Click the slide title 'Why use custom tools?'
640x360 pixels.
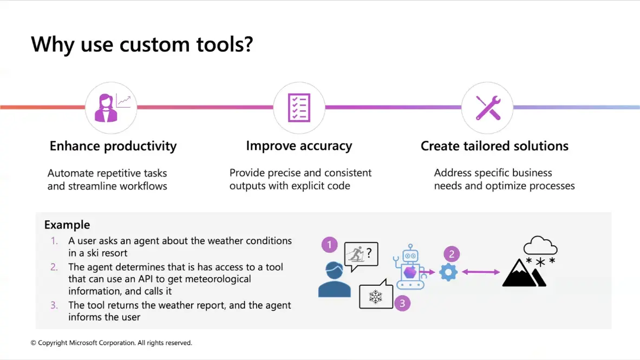pyautogui.click(x=142, y=44)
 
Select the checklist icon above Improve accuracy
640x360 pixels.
pyautogui.click(x=299, y=108)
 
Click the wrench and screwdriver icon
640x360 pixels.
pyautogui.click(x=488, y=108)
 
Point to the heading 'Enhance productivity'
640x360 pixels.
pyautogui.click(x=113, y=146)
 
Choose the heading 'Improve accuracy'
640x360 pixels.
pyautogui.click(x=299, y=146)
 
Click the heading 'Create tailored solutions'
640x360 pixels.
pyautogui.click(x=494, y=146)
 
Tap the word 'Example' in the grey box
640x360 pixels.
pyautogui.click(x=67, y=225)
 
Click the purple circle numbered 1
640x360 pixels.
pyautogui.click(x=329, y=245)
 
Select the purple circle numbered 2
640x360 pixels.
pyautogui.click(x=452, y=254)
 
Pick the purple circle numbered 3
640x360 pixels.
pyautogui.click(x=402, y=303)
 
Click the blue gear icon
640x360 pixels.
pyautogui.click(x=448, y=272)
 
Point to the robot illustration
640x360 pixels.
pyautogui.click(x=409, y=267)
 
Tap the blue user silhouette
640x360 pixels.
pyautogui.click(x=334, y=279)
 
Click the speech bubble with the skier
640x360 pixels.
pyautogui.click(x=361, y=256)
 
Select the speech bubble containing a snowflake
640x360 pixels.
pyautogui.click(x=376, y=294)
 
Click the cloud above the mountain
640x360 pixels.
pyautogui.click(x=540, y=245)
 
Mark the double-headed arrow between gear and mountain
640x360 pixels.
pyautogui.click(x=481, y=272)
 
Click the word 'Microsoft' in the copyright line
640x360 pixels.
pyautogui.click(x=83, y=343)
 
